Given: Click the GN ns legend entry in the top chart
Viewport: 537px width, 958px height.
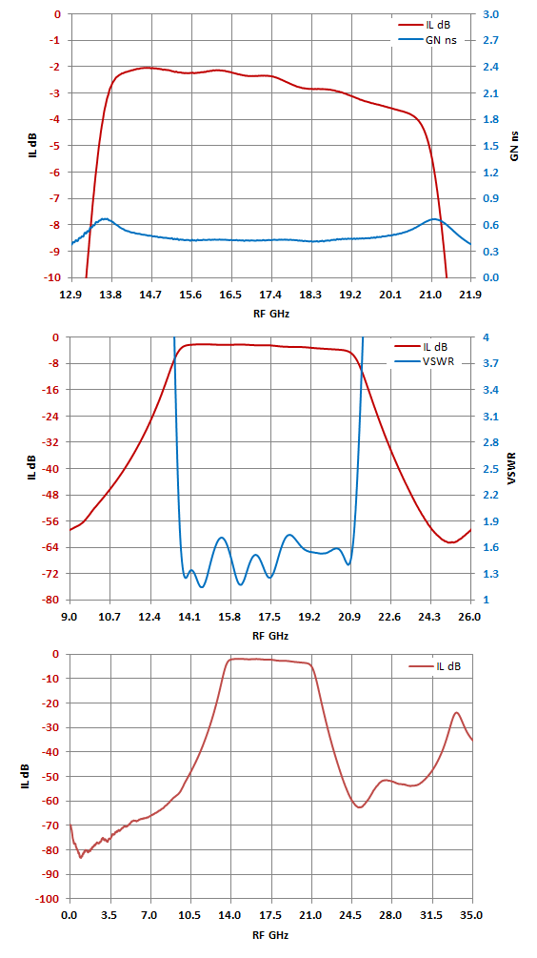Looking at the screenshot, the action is [x=428, y=40].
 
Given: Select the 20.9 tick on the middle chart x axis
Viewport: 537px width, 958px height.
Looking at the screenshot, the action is [x=350, y=617].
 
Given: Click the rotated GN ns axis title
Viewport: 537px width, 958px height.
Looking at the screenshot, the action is [x=514, y=146].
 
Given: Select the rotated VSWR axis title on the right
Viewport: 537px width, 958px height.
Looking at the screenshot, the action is [x=514, y=469].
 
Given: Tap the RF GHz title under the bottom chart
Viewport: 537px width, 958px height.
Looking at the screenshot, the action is [x=270, y=935].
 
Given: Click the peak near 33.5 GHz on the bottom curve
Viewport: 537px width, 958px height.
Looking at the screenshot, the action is [x=456, y=712].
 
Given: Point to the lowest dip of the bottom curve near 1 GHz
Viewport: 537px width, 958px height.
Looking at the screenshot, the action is [x=81, y=857].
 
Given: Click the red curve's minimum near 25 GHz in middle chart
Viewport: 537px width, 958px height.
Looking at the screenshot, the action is [x=450, y=542].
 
